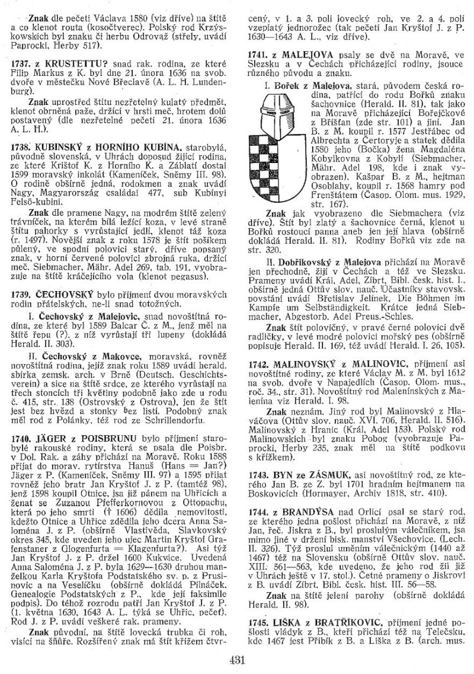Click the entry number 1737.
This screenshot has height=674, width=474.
point(21,61)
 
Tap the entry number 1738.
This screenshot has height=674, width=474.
point(21,146)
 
